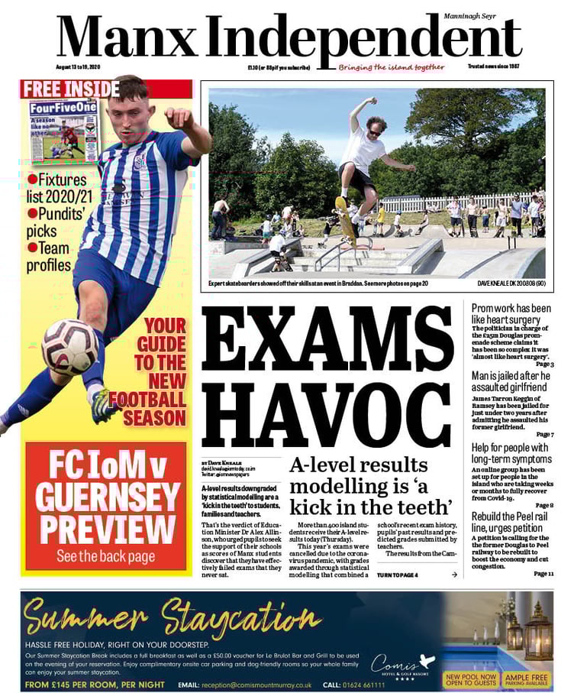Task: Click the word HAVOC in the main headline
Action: click(x=327, y=412)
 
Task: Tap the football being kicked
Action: click(x=69, y=347)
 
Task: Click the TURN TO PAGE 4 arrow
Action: click(x=454, y=575)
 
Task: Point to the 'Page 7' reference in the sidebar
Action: click(x=544, y=434)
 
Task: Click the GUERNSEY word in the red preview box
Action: click(x=106, y=497)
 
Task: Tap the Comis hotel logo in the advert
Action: click(x=401, y=665)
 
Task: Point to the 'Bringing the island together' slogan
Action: click(x=392, y=66)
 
